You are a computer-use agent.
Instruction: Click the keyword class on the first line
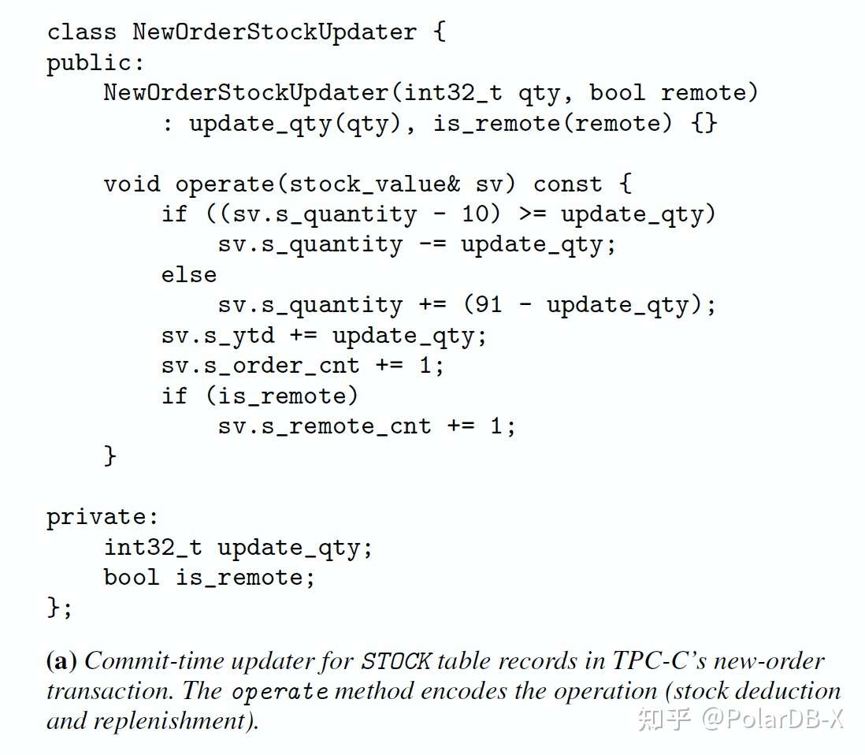81,32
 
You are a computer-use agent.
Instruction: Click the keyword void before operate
132,184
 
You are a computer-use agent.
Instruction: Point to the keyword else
188,274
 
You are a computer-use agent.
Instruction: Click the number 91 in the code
489,305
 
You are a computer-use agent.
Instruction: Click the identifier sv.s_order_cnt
261,366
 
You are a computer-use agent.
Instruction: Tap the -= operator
432,244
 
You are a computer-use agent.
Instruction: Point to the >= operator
532,214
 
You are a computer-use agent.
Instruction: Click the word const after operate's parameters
567,184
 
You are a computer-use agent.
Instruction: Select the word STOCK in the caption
396,660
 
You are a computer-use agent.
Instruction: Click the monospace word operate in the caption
280,691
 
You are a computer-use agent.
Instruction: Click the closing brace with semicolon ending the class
60,608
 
